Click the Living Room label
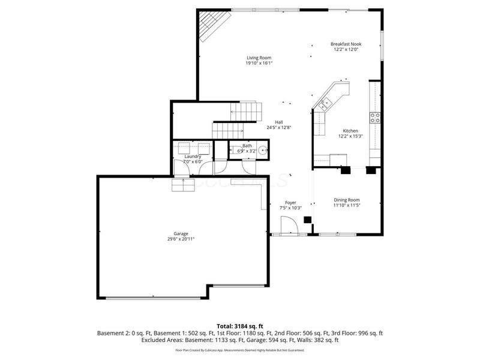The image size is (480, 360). pyautogui.click(x=259, y=58)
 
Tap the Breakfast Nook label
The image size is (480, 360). pyautogui.click(x=346, y=44)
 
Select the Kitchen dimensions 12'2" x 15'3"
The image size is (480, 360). pyautogui.click(x=350, y=136)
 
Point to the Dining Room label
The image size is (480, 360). pyautogui.click(x=347, y=200)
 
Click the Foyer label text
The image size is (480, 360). pyautogui.click(x=290, y=202)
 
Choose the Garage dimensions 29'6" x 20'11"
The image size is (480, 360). pyautogui.click(x=181, y=239)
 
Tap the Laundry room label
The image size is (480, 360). pyautogui.click(x=193, y=156)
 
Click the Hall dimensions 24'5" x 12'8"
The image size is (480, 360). pyautogui.click(x=279, y=127)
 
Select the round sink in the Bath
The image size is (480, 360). pyautogui.click(x=262, y=150)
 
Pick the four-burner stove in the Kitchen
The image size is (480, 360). pyautogui.click(x=375, y=118)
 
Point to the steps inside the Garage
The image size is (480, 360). pyautogui.click(x=184, y=185)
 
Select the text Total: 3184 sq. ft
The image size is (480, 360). pyautogui.click(x=239, y=326)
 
